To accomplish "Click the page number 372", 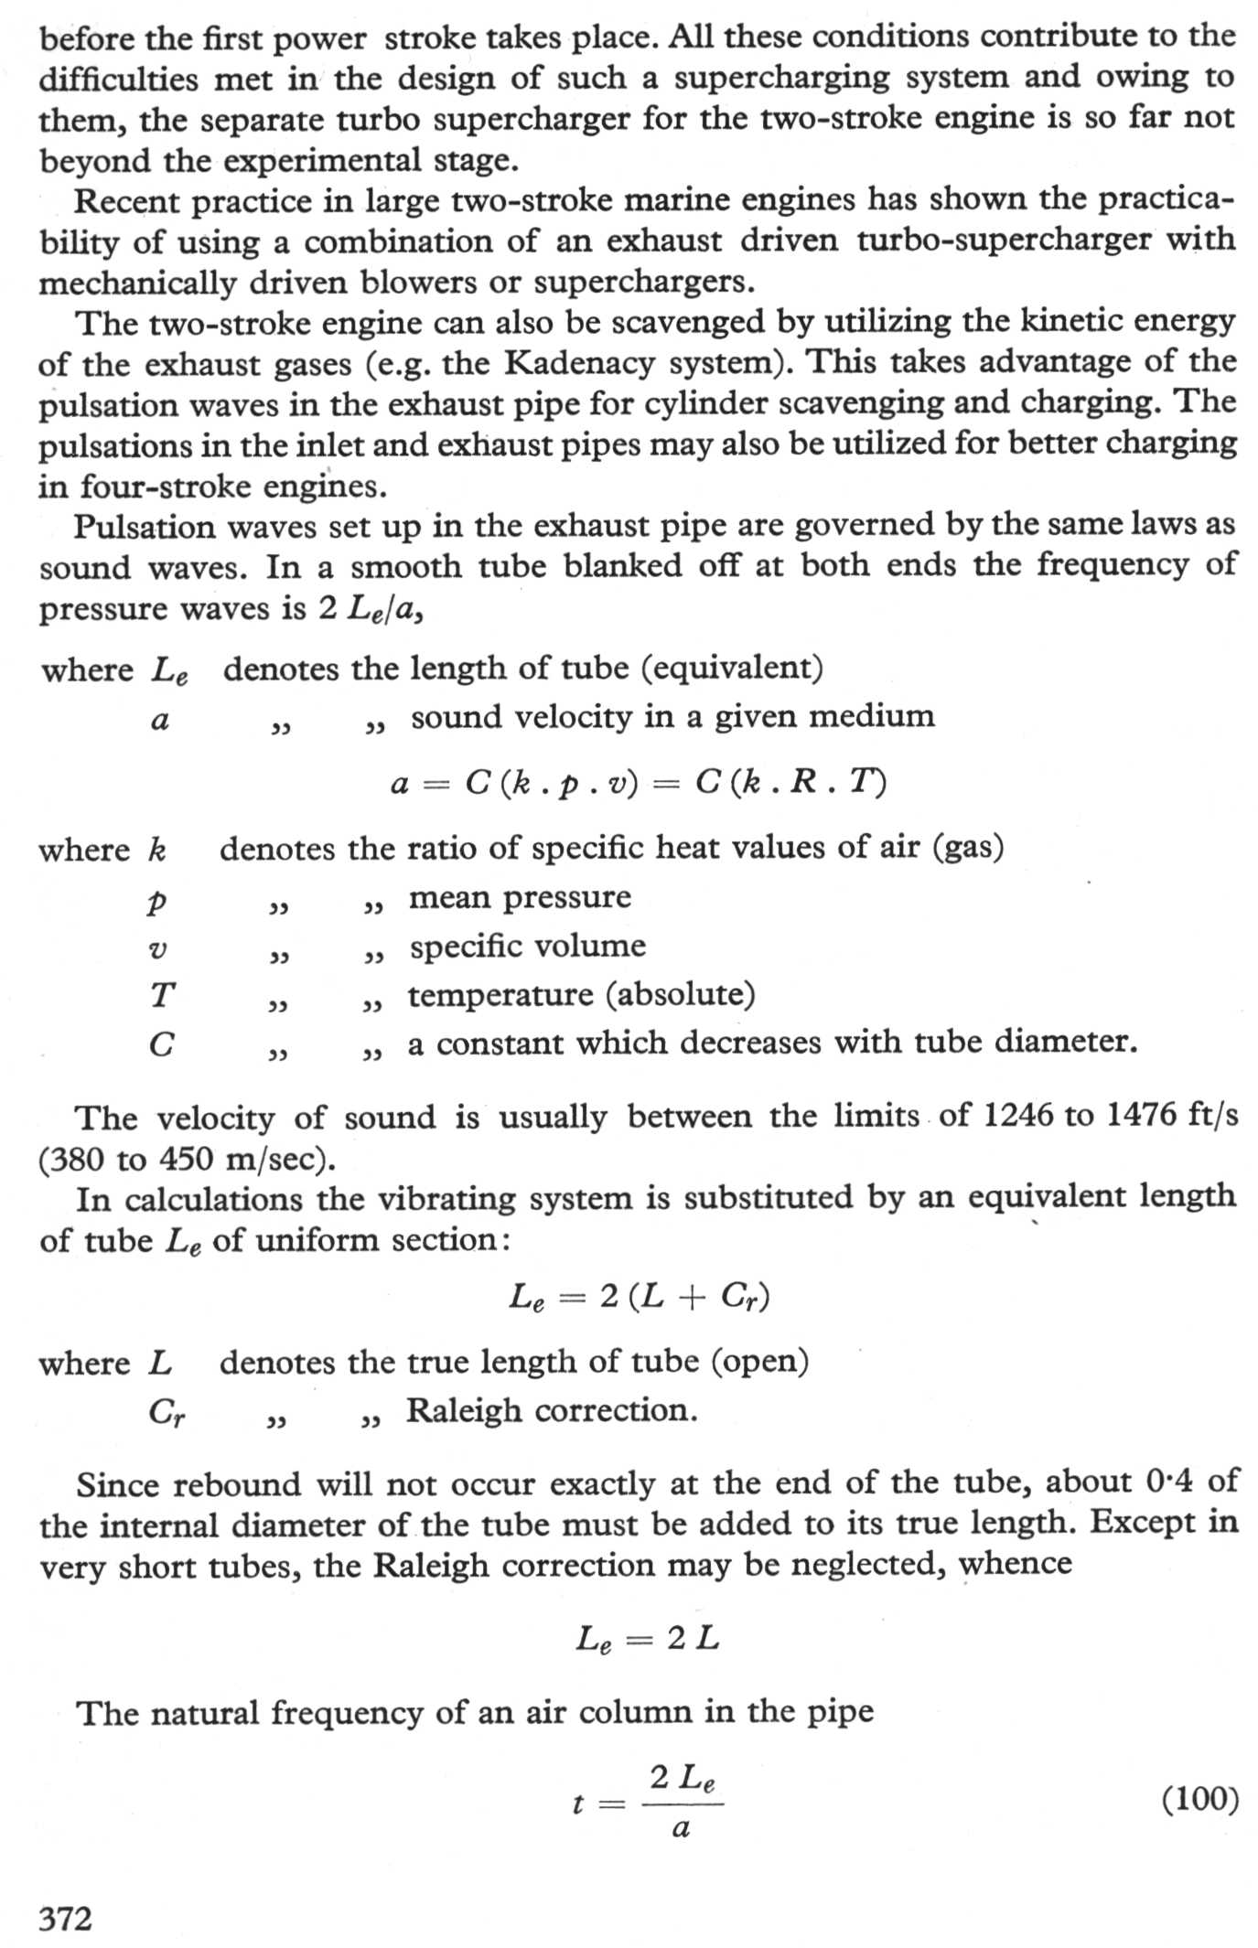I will tap(65, 1917).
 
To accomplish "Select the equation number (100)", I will tap(1199, 1800).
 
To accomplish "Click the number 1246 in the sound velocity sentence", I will tap(1017, 1116).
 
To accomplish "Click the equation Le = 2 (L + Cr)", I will tap(639, 1297).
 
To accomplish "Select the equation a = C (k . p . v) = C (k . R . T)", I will tap(638, 783).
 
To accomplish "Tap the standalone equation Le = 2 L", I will tap(647, 1638).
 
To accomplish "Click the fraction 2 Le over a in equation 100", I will tap(682, 1802).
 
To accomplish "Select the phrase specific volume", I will tap(527, 946).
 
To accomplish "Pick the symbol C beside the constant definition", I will tap(161, 1044).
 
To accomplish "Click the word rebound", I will tap(242, 1483).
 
